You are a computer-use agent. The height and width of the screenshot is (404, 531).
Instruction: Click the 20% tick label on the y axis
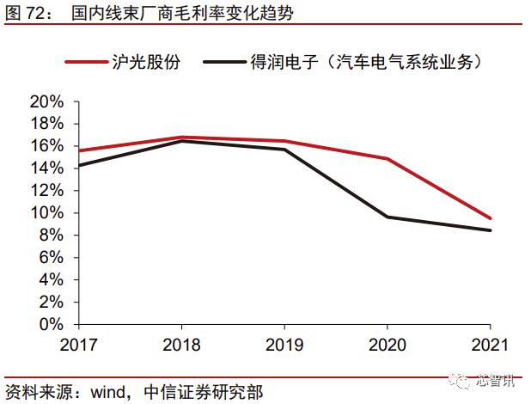[x=46, y=101]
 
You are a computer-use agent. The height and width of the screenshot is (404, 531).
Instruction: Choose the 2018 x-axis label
[x=180, y=346]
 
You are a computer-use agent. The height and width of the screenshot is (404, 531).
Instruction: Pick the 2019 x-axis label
[x=284, y=346]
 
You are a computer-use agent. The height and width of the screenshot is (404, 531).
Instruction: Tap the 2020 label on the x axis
[x=388, y=346]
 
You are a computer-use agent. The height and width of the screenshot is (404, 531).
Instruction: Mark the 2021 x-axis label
[x=491, y=346]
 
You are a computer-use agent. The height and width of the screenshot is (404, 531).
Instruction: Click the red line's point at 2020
[x=388, y=159]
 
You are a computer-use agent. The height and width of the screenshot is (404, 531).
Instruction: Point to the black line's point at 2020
[x=388, y=217]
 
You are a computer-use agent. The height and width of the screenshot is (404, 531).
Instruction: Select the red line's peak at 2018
[x=180, y=138]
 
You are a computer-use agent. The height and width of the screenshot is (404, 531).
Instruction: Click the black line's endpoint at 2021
[x=491, y=230]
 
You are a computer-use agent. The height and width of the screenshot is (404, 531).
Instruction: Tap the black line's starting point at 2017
[x=77, y=165]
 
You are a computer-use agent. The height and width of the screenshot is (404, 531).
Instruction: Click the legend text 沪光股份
[x=146, y=62]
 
